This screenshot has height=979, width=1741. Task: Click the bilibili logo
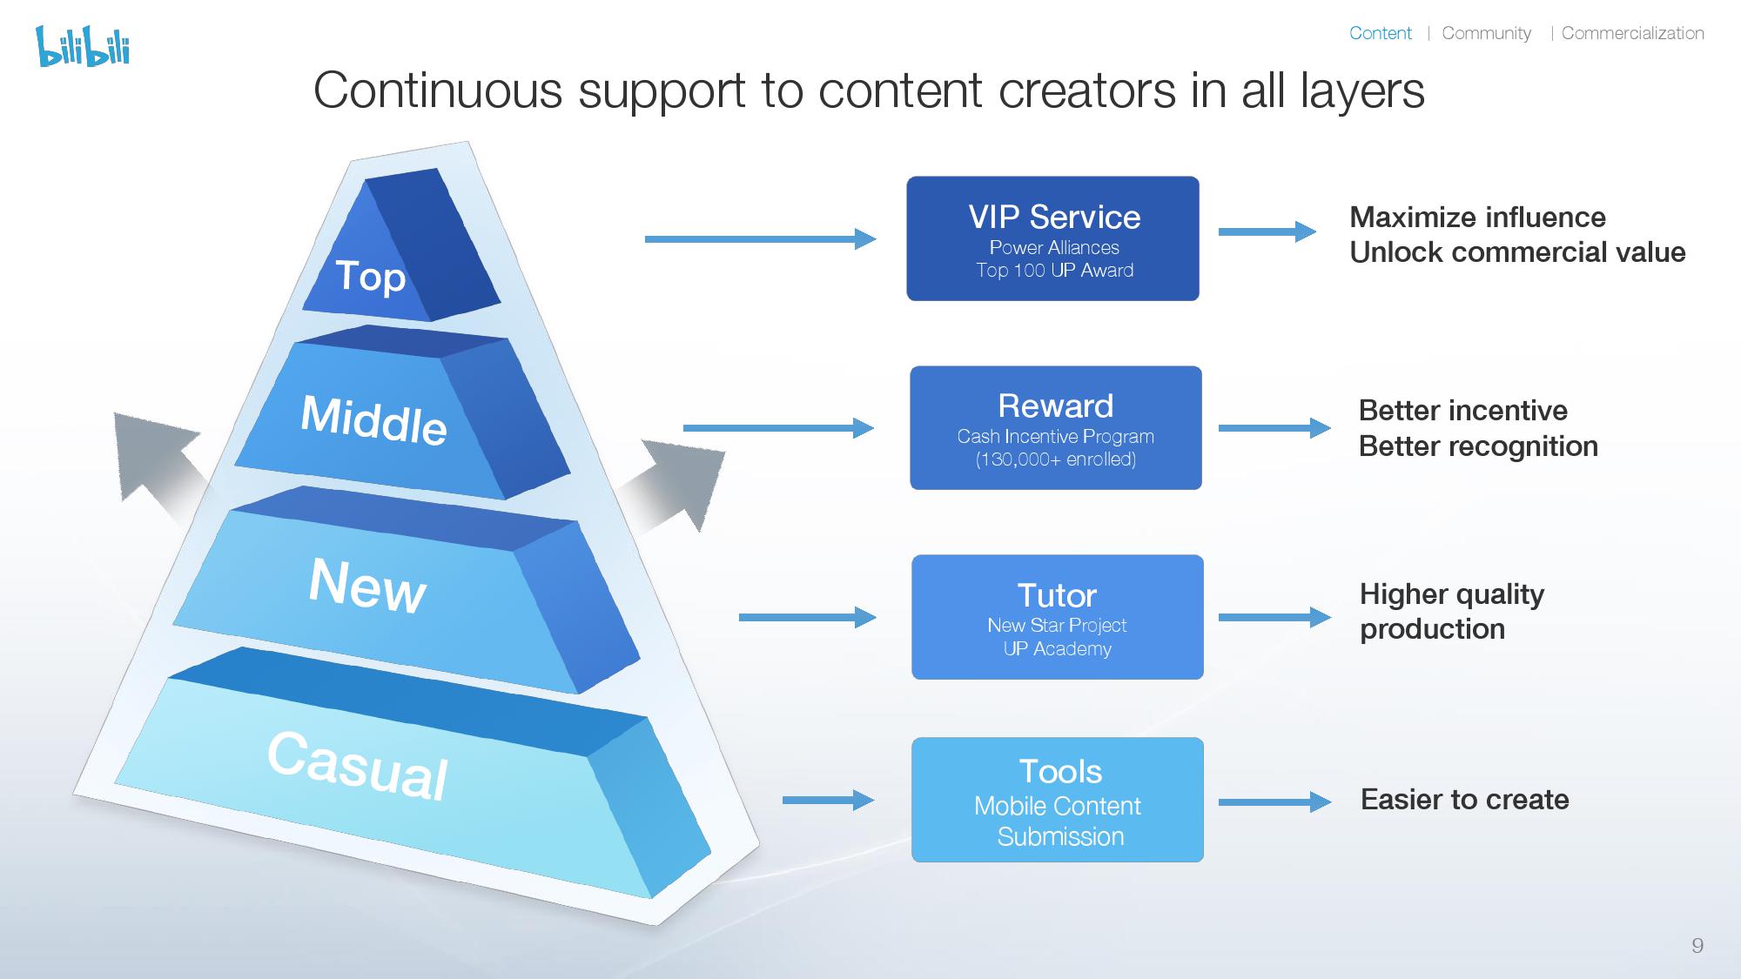(83, 46)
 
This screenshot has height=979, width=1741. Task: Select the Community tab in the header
(1486, 33)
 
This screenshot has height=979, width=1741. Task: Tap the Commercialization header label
(1632, 33)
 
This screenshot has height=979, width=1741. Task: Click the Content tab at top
(1380, 33)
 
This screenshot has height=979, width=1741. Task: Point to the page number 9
(1697, 946)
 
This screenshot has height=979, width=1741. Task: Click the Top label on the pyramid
(371, 277)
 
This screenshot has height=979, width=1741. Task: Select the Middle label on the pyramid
(373, 419)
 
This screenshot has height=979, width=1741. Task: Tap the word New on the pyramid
(367, 585)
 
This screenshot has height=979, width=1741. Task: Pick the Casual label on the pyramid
(358, 765)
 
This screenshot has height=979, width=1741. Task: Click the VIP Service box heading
(1054, 217)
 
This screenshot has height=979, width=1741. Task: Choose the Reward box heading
(1055, 406)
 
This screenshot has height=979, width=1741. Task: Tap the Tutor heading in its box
(1057, 595)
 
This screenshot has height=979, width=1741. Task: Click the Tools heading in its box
(1059, 771)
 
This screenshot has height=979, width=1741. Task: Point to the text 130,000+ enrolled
(1055, 459)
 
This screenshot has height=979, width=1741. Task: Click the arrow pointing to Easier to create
(1274, 801)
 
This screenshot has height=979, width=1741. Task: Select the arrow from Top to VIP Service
(760, 238)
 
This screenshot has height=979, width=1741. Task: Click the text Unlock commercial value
(1516, 252)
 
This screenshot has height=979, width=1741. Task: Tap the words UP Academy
(1057, 648)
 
